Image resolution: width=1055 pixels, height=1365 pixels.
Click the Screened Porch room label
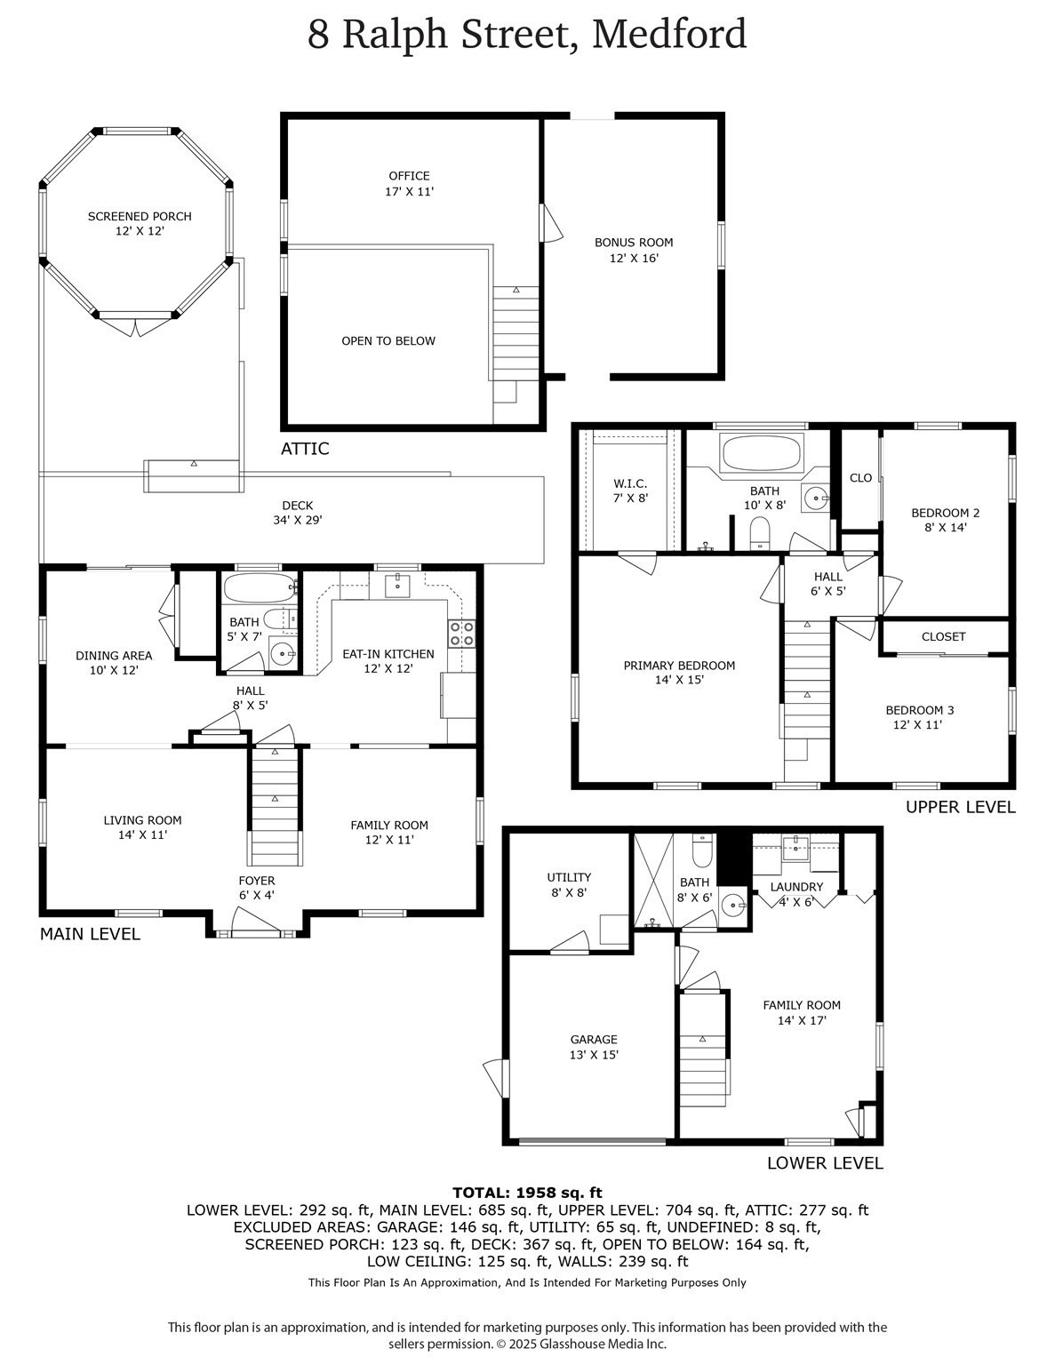coord(140,223)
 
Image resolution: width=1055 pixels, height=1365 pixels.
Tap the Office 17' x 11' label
coord(409,183)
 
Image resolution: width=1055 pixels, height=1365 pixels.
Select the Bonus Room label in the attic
coord(634,250)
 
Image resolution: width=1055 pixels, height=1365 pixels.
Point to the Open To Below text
coord(388,341)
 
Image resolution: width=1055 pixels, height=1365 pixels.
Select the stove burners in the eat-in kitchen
coord(461,633)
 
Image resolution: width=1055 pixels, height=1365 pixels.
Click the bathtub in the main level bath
coord(259,587)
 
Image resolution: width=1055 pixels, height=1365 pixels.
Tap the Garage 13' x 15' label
coord(594,1047)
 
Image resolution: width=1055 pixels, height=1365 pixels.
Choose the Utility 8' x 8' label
coord(569,885)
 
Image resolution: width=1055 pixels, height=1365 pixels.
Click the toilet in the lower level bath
coord(702,851)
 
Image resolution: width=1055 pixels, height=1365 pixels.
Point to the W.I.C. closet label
coord(630,491)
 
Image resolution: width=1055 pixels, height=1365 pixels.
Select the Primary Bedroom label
coord(679,673)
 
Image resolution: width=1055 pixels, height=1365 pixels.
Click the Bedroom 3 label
coord(919,717)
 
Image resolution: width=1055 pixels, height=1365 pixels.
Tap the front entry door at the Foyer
coord(256,933)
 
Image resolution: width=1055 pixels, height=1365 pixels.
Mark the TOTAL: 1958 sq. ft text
coord(527,1193)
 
